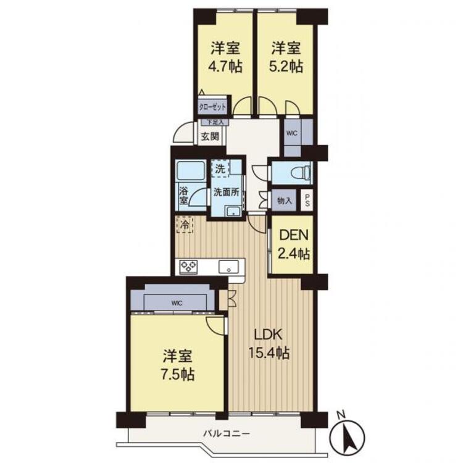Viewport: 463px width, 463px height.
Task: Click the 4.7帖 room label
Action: [x=225, y=67]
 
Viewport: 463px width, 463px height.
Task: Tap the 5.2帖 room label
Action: [x=286, y=67]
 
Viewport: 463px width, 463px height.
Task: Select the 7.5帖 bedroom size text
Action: [x=177, y=375]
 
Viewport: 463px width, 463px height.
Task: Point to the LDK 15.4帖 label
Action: [x=269, y=344]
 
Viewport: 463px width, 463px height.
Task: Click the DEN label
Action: [x=293, y=235]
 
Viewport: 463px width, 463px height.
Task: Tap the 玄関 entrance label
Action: [x=210, y=136]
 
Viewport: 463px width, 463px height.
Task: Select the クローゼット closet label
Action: [x=212, y=107]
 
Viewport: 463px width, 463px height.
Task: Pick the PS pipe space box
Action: [x=307, y=200]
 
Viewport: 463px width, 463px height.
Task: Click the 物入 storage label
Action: [x=285, y=201]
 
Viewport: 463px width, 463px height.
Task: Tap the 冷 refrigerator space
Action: [x=185, y=225]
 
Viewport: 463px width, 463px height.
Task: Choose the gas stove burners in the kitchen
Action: [x=188, y=267]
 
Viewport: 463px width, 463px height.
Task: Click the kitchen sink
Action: [x=228, y=267]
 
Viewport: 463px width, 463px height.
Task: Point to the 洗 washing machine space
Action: [x=220, y=169]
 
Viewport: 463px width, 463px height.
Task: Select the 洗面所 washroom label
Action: [x=227, y=192]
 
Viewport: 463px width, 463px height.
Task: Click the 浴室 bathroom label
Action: [x=183, y=196]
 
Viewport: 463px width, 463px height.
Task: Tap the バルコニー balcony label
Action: [x=227, y=434]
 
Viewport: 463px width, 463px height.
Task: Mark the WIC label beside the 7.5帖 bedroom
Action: [x=177, y=303]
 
